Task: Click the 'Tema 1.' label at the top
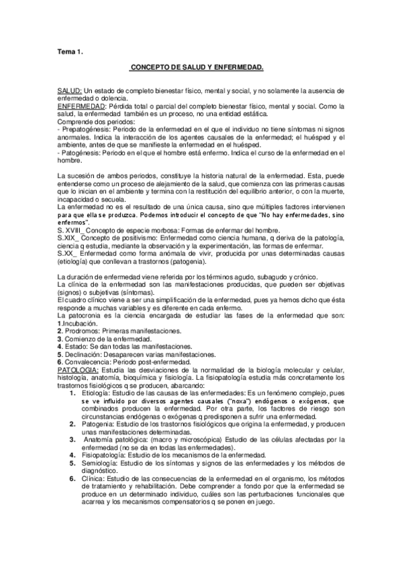68,51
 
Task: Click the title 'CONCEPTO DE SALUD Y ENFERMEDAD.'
197,68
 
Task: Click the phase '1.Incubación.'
79,324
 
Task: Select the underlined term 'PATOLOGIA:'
78,370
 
